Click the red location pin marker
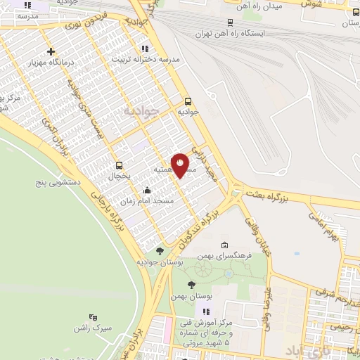coord(180,165)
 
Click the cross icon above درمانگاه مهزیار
coord(51,51)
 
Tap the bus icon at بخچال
coord(118,166)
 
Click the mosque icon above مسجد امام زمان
coord(146,190)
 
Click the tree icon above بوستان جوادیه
coord(160,251)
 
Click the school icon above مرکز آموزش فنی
coord(206,311)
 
